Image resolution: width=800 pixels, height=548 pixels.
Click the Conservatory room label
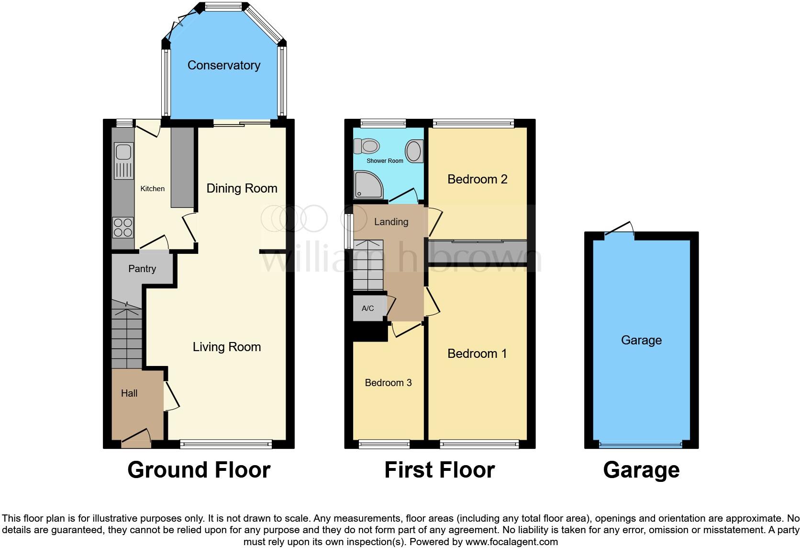point(223,65)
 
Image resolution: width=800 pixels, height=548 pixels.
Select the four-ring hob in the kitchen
point(122,228)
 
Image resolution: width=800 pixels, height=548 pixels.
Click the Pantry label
point(142,269)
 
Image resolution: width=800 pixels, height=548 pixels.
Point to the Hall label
point(129,393)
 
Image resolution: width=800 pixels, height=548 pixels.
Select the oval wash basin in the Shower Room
point(414,151)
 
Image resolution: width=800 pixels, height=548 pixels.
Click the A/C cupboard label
point(367,308)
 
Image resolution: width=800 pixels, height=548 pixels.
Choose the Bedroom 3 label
point(388,383)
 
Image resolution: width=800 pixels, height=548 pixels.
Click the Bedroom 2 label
point(477,179)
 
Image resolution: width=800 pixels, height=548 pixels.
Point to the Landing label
point(391,222)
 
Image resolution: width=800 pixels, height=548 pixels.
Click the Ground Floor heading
point(199,470)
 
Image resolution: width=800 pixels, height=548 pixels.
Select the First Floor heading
point(439,470)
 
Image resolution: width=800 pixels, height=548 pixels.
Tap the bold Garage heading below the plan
point(641,470)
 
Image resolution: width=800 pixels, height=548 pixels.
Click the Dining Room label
point(242,188)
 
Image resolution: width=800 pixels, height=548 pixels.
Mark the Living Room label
point(227,347)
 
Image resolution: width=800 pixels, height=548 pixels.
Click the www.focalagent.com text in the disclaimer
point(511,542)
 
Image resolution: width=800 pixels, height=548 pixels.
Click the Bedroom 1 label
point(477,354)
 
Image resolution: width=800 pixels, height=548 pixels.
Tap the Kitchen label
point(152,189)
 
